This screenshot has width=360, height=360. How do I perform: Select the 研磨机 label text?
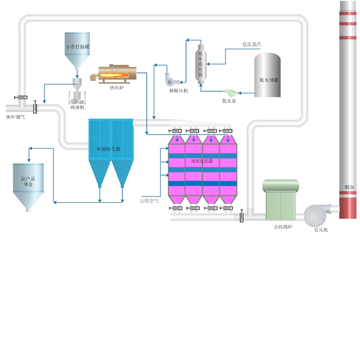77,107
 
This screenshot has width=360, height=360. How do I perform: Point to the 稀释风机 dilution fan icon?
170,80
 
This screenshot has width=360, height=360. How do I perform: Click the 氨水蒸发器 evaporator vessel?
200,64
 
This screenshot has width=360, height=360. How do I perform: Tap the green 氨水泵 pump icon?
231,92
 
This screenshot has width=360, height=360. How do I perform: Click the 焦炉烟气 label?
15,117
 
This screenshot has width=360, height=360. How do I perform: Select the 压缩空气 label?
149,201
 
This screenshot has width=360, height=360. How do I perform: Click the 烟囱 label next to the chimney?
349,186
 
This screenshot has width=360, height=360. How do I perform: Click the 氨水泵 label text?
230,100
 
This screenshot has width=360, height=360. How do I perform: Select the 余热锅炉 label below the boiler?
282,227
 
